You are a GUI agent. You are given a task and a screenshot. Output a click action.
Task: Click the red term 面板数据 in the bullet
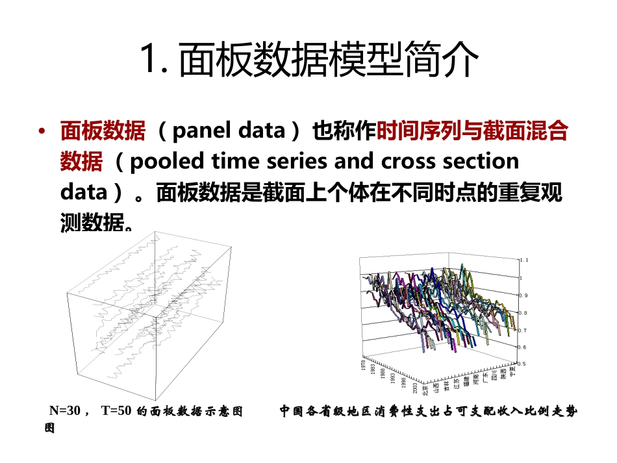(103, 131)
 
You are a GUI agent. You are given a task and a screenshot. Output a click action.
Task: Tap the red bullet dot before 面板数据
(42, 132)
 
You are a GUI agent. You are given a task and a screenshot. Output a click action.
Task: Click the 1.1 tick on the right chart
(524, 259)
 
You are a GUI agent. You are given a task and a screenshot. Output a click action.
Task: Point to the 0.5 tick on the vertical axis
(522, 364)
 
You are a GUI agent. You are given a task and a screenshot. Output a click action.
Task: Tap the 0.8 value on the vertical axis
(522, 312)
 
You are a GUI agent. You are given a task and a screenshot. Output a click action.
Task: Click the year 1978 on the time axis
(364, 365)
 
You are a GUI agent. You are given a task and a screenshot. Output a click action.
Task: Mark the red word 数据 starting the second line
(81, 161)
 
